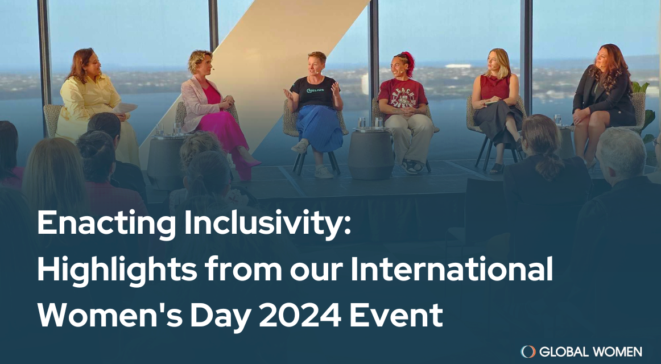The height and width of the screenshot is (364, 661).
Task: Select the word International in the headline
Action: [x=452, y=269]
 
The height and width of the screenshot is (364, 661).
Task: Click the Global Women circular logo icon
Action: [x=528, y=351]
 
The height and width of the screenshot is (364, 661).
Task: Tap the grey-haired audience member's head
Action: [x=622, y=153]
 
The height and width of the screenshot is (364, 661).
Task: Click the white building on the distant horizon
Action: [x=458, y=66]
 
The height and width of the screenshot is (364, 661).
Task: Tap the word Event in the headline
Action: [x=396, y=316]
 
